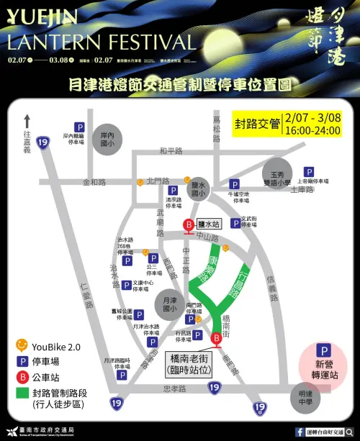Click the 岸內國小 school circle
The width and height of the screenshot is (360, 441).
coord(107,139)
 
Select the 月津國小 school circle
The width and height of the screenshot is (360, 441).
coord(170,305)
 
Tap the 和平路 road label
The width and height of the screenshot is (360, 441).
coord(171,151)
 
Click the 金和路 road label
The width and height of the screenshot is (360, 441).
coord(94,183)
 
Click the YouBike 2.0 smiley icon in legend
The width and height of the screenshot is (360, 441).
coord(22,345)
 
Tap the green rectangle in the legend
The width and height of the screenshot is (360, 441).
coord(22,394)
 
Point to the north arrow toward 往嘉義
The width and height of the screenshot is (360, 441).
coord(27,120)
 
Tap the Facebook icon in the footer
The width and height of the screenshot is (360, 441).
coord(300,432)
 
